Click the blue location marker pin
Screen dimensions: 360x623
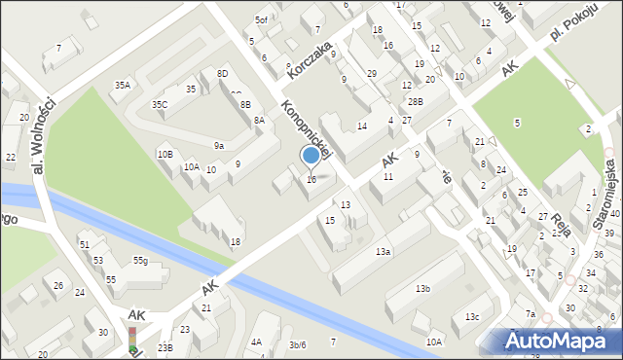(x=311, y=156)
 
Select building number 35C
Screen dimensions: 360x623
(x=160, y=104)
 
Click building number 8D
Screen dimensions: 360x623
(x=222, y=74)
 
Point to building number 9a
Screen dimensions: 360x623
(x=219, y=145)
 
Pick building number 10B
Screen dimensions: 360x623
(x=165, y=154)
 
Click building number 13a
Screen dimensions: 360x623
(x=384, y=252)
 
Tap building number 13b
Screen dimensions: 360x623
(x=422, y=289)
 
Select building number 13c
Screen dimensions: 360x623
(x=472, y=317)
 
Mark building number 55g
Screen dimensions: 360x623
(x=140, y=260)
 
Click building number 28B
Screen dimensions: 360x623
(x=416, y=101)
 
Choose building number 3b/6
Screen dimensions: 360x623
(x=298, y=344)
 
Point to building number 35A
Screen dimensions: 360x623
(x=122, y=86)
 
